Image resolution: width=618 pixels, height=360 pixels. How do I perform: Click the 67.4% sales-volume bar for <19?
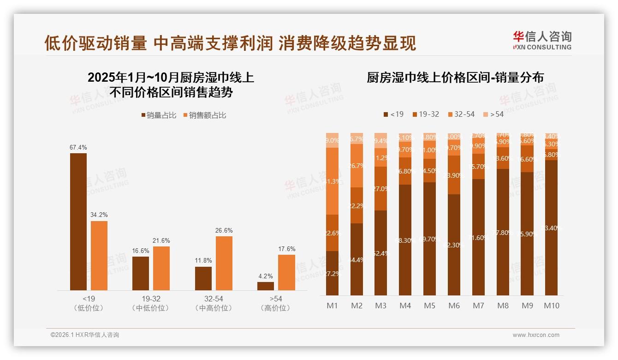[x=78, y=222]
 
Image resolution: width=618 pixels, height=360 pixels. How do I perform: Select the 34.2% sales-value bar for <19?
[x=99, y=255]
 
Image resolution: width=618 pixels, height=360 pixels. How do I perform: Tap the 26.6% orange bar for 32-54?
[x=224, y=263]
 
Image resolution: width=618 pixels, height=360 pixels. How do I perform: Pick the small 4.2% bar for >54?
[x=266, y=286]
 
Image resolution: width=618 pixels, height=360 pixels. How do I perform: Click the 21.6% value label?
[x=161, y=240]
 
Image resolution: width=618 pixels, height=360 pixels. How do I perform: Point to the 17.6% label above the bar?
[x=287, y=249]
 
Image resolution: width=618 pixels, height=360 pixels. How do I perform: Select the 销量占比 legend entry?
[x=159, y=115]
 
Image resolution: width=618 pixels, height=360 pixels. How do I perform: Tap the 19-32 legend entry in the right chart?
[x=426, y=114]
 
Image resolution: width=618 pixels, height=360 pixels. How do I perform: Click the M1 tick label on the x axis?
[x=332, y=306]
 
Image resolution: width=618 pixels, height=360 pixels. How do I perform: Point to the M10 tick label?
[x=551, y=306]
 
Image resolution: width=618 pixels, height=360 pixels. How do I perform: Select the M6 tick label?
[x=454, y=306]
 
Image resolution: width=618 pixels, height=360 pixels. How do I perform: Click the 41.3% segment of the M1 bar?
[x=332, y=181]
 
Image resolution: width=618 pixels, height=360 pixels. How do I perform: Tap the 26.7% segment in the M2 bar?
[x=357, y=166]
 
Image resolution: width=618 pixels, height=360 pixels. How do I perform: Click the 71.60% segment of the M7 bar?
[x=478, y=237]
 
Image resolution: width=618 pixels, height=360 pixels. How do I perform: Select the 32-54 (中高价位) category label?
[x=213, y=303]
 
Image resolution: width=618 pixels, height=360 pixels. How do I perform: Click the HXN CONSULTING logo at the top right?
[x=542, y=40]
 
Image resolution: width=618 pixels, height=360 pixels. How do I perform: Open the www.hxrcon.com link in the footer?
[x=536, y=335]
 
